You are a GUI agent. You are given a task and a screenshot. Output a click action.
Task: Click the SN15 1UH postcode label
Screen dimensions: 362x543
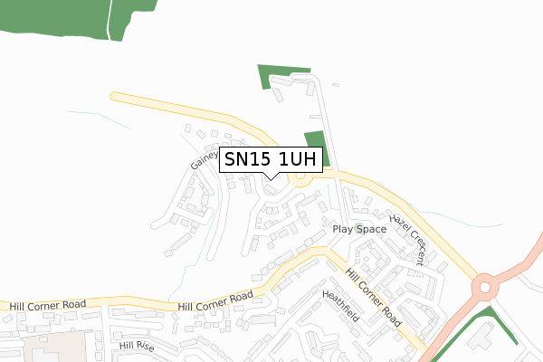click(271, 160)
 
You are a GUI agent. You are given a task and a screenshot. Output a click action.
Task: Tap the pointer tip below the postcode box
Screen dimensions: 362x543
click(271, 177)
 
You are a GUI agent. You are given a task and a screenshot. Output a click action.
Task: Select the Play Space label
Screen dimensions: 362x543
click(358, 229)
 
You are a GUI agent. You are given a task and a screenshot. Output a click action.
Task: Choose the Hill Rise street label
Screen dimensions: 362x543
click(137, 347)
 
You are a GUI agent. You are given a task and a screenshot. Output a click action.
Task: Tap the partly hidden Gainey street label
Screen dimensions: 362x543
click(205, 159)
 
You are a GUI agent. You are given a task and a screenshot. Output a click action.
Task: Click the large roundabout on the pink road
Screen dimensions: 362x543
click(486, 288)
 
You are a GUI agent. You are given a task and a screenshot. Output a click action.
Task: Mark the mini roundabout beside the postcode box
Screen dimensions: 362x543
click(301, 178)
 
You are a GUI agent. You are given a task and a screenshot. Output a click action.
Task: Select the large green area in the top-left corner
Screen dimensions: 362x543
click(54, 16)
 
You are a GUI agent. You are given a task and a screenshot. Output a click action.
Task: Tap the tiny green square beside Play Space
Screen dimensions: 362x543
click(358, 220)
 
